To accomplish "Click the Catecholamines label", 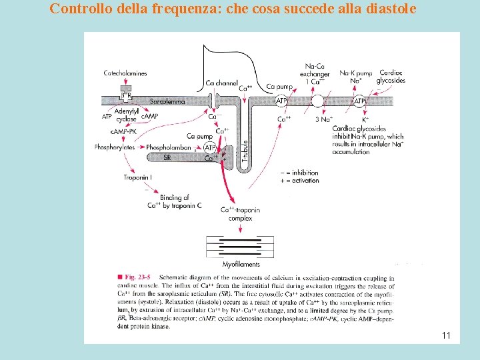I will (125, 73).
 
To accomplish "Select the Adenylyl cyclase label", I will (126, 115).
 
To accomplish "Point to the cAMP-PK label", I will (124, 131).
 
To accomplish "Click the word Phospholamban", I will (169, 147).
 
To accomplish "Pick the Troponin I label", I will (137, 177).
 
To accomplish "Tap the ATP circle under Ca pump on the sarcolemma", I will (281, 101).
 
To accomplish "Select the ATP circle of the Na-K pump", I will (359, 101).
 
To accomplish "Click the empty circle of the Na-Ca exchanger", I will (317, 101).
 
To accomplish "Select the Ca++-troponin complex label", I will (241, 214).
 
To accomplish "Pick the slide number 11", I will (446, 335).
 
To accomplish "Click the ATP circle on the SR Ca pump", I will (209, 147).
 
